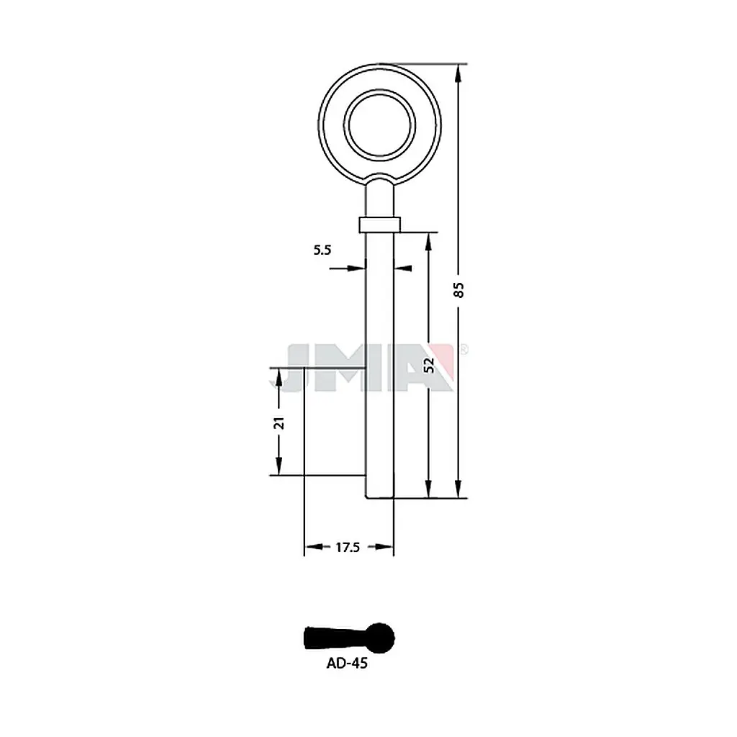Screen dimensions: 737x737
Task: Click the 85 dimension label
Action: pyautogui.click(x=459, y=289)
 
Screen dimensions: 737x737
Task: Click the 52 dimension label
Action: pyautogui.click(x=429, y=365)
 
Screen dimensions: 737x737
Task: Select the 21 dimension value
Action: pyautogui.click(x=279, y=423)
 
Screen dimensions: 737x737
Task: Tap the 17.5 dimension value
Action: pyautogui.click(x=348, y=547)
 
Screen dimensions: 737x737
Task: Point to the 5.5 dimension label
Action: pyautogui.click(x=322, y=250)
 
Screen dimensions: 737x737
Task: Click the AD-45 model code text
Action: pyautogui.click(x=347, y=663)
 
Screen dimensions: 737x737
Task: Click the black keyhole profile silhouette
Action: pyautogui.click(x=350, y=638)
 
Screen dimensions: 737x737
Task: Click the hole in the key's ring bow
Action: pyautogui.click(x=380, y=125)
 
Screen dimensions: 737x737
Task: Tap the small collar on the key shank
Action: pyautogui.click(x=380, y=225)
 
